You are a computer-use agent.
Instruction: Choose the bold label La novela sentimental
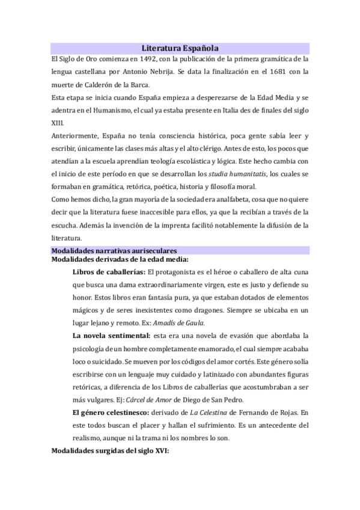111,335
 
